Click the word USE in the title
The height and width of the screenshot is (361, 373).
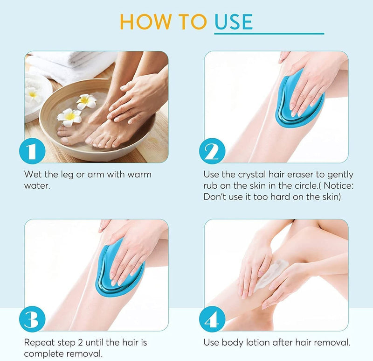coord(234,21)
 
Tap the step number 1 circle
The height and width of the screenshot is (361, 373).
coord(33,151)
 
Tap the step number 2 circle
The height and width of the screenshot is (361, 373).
coord(212,151)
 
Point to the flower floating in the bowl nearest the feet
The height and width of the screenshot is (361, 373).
coord(69,117)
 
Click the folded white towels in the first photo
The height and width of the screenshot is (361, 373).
coord(70,65)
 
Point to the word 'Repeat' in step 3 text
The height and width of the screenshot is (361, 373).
coord(38,343)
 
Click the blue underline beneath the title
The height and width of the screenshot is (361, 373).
coord(269,34)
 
